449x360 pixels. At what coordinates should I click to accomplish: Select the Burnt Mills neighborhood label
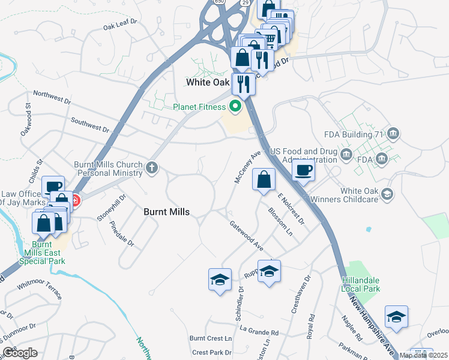coord(167,212)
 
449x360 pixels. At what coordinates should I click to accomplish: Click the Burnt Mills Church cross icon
coord(152,168)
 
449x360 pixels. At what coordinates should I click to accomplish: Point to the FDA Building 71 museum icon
coord(394,133)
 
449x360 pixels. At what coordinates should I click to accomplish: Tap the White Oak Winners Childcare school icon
coord(387,193)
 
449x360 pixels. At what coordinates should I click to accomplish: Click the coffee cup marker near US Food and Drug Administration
coord(303,170)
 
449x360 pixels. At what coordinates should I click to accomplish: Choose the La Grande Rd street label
coord(259,331)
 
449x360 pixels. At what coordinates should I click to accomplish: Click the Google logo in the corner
coord(20,353)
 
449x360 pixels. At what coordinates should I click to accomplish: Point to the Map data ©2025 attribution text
coord(423,355)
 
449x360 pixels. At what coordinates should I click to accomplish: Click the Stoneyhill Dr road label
coord(112,207)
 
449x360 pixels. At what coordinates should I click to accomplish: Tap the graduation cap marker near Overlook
coord(396,317)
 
